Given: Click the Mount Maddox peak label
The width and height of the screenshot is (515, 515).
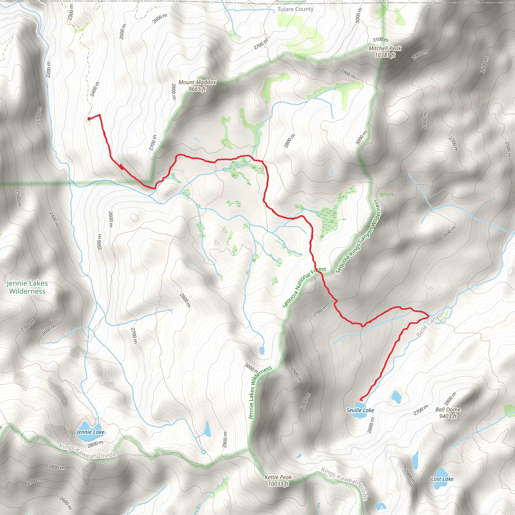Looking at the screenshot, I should [x=197, y=85].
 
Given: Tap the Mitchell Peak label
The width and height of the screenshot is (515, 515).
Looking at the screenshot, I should [x=385, y=52].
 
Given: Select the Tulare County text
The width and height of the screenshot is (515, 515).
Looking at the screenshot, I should [x=295, y=9].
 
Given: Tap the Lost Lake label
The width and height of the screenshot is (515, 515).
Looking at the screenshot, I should [x=442, y=479].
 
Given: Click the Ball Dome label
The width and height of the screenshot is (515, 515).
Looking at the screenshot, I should [x=448, y=413].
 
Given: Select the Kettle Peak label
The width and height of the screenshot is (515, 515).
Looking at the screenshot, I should [x=278, y=480].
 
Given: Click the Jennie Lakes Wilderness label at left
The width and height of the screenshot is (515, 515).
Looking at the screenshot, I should [x=27, y=287].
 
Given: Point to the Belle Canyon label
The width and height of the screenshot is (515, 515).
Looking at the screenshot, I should [x=431, y=324].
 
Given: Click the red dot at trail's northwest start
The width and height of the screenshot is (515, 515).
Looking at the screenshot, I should [x=89, y=119].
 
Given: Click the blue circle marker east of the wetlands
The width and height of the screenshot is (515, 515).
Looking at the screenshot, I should [x=331, y=172].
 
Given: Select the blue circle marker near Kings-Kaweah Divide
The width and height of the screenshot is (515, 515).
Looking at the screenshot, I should [x=204, y=452].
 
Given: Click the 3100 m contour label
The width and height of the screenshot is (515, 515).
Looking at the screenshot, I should [x=380, y=40].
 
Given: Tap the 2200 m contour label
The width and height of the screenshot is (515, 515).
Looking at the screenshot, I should [x=48, y=70].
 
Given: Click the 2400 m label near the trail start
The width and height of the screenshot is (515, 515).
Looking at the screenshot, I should [x=95, y=89].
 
